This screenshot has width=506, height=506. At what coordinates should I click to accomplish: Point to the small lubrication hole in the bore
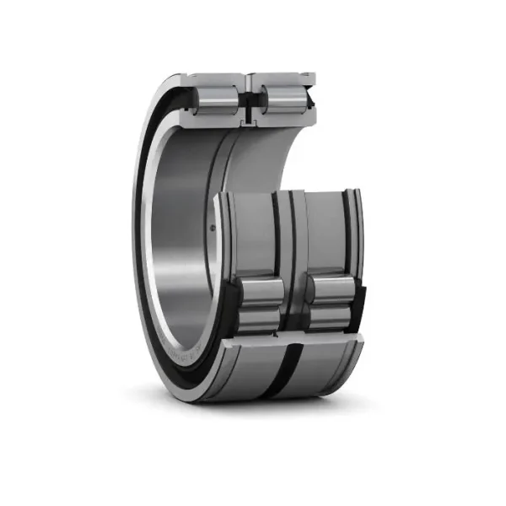[x=213, y=227]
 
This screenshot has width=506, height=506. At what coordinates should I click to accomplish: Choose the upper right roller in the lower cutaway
[x=331, y=290]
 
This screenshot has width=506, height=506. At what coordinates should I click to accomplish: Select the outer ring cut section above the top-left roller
[x=218, y=78]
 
